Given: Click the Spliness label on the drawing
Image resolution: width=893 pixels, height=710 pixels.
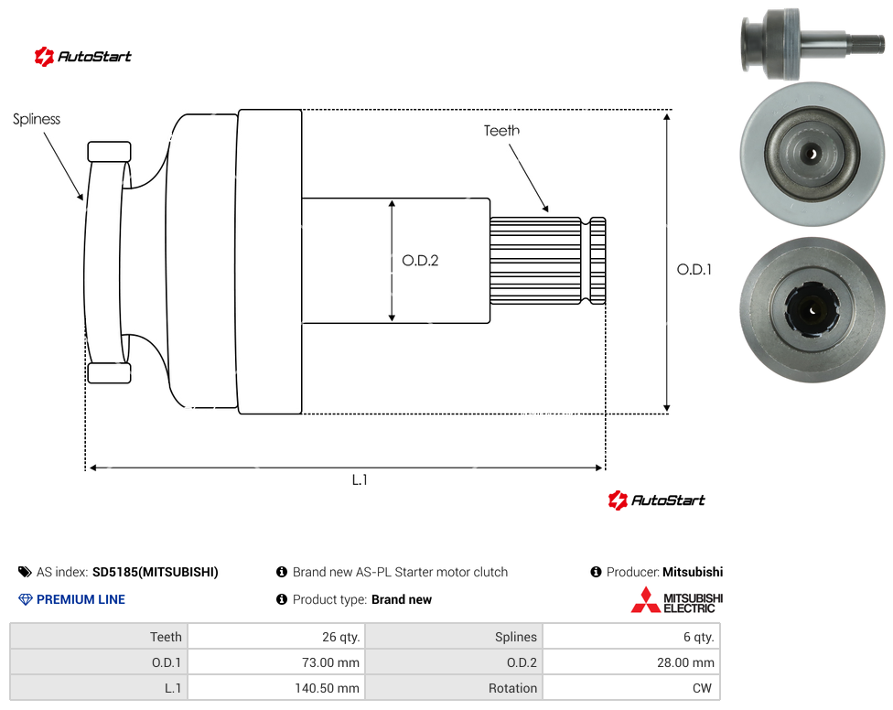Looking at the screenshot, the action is [37, 119].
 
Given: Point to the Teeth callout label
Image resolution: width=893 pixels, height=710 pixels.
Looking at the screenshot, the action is [501, 131].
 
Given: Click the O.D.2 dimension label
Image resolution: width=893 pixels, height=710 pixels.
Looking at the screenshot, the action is [420, 261].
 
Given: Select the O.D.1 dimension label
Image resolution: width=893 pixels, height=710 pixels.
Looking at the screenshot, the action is [694, 269].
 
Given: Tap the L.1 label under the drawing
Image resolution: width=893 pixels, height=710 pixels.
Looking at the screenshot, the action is [360, 480].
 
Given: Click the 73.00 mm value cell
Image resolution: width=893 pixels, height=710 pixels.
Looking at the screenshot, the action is [276, 662].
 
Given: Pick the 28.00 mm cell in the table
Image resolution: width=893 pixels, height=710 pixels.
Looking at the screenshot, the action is [631, 662].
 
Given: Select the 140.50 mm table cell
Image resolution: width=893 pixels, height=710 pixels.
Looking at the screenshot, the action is [276, 688].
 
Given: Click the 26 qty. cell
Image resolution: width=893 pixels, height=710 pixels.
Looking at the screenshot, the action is [276, 637].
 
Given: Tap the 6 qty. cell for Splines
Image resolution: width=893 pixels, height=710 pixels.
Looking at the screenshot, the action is [631, 637].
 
